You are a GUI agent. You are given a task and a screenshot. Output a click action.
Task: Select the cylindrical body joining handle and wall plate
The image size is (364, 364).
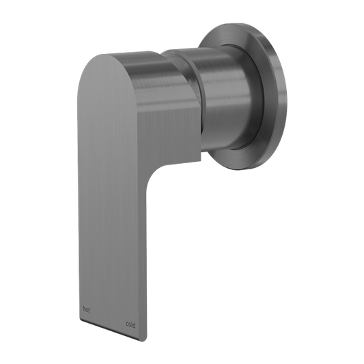(219, 89)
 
